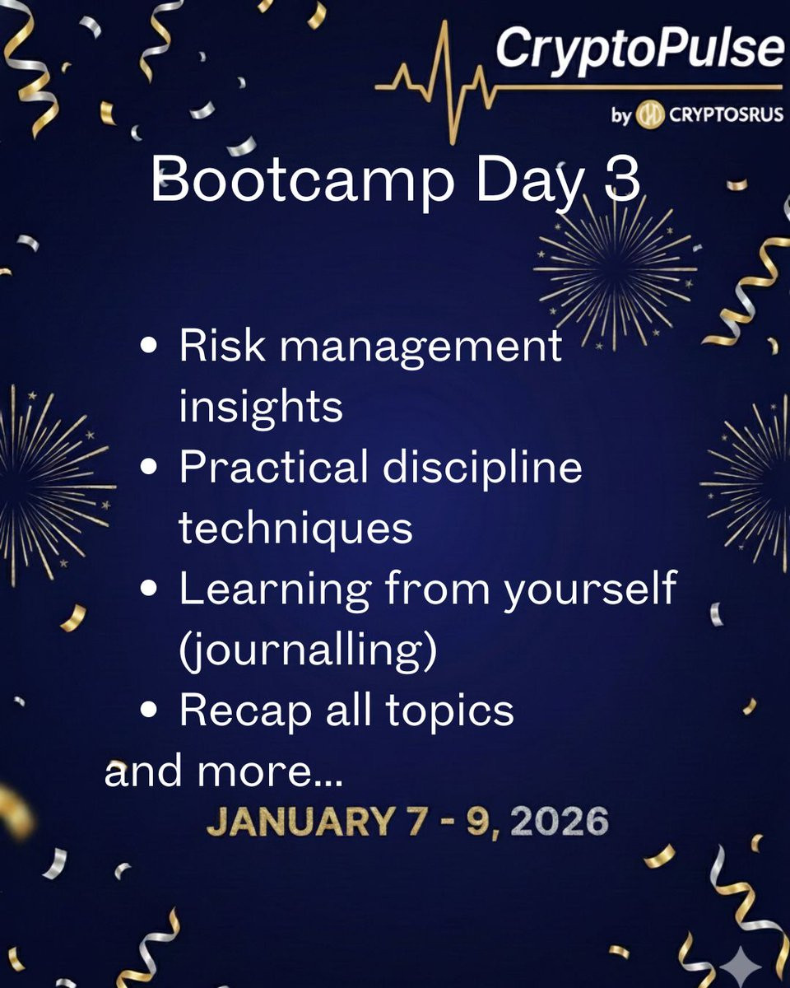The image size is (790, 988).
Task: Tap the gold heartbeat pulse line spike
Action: (x=444, y=82)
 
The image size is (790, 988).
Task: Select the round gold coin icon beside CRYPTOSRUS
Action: (x=650, y=114)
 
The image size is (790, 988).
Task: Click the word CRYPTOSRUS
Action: (x=726, y=114)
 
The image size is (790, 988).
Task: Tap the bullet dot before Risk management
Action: (x=149, y=346)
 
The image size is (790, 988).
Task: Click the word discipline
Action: (x=482, y=467)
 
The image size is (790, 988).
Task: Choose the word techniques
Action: (x=295, y=529)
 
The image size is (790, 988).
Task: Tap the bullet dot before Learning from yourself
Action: (x=149, y=589)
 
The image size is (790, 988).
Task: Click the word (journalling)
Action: (x=308, y=650)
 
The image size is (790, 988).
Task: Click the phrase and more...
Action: (x=224, y=771)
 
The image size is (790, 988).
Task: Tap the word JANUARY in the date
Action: (x=300, y=821)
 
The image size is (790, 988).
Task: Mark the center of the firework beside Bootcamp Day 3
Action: (x=615, y=269)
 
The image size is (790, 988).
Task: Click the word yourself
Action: (x=590, y=589)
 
